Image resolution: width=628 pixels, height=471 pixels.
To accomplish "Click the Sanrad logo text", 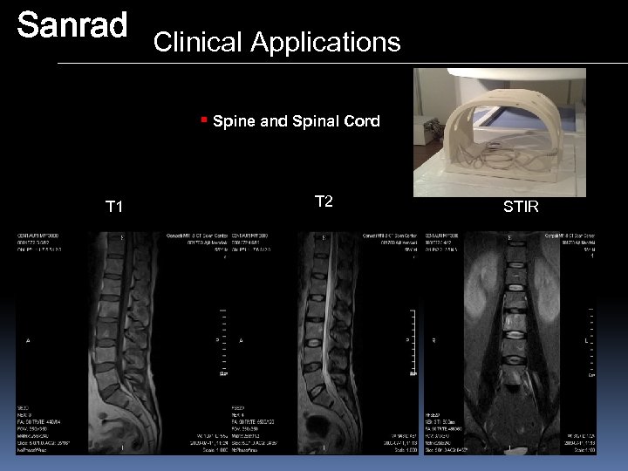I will click(x=72, y=26).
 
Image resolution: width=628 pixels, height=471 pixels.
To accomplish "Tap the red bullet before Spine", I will click(x=203, y=119).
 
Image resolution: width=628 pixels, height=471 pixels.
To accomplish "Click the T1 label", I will click(x=114, y=207).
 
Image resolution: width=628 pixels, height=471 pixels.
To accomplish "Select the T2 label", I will click(x=324, y=202).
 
